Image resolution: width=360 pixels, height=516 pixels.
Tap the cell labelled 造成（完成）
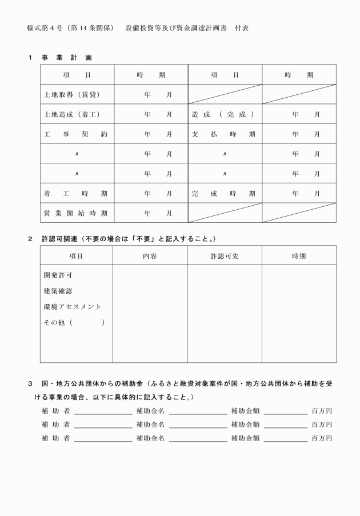(x=223, y=114)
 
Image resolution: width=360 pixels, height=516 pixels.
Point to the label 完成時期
(x=223, y=194)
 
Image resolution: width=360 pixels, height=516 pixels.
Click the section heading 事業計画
(x=66, y=58)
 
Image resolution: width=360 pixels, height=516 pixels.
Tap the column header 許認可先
(x=225, y=256)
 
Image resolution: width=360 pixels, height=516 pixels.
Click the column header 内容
(x=150, y=256)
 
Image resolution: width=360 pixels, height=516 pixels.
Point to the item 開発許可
(x=58, y=275)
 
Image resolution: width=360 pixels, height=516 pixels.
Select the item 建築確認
(x=58, y=291)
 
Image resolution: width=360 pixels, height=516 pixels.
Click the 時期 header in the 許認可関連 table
(x=299, y=256)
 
